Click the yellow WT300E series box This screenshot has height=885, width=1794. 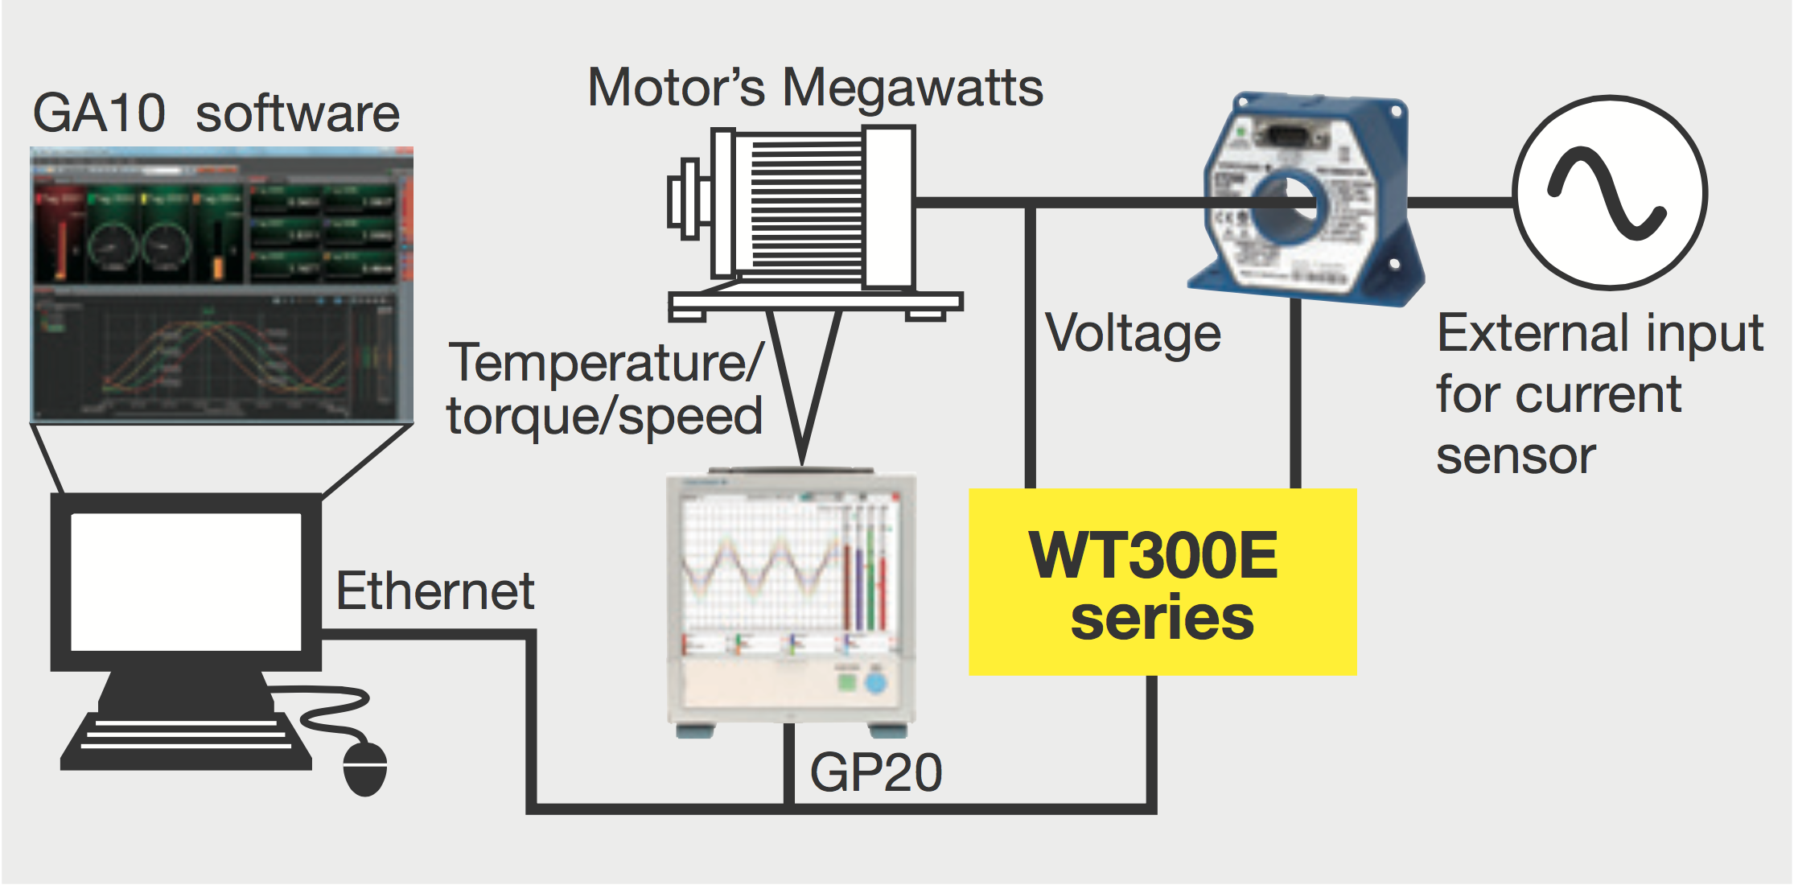(x=1162, y=582)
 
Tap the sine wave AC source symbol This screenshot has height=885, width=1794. (x=1610, y=194)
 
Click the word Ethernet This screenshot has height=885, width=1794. (x=434, y=591)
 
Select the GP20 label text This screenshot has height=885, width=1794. (x=875, y=773)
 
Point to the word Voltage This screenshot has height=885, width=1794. (x=1133, y=334)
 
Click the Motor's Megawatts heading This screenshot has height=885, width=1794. (x=815, y=88)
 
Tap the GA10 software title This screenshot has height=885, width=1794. (x=216, y=113)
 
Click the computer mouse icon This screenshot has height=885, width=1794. (x=365, y=768)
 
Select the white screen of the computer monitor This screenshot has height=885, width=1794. (x=186, y=582)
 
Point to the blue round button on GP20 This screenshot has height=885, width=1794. (x=875, y=684)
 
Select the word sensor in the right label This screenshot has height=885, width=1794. (x=1516, y=457)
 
